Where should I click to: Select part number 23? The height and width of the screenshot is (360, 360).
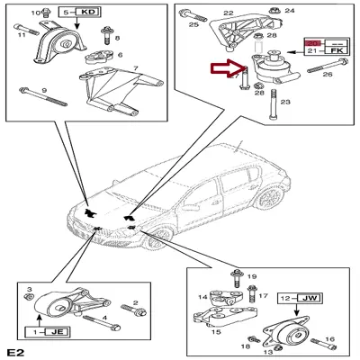coord(286,103)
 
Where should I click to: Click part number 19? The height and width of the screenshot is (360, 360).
coord(251,275)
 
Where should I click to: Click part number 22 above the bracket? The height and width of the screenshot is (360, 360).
coord(228,13)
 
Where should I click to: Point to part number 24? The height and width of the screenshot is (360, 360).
coord(290,12)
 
